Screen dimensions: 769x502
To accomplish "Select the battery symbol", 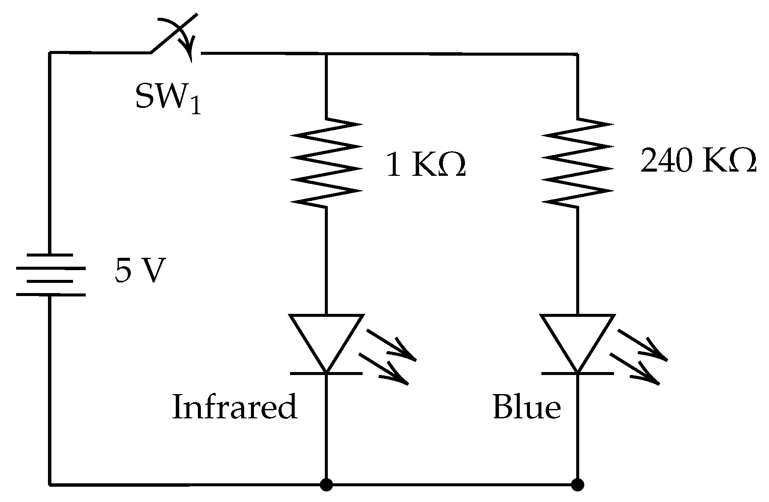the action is [51, 274].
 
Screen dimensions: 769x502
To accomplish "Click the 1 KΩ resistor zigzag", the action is [326, 163].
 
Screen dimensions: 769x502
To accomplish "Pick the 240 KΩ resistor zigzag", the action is [578, 163].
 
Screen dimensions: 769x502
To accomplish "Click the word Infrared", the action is [234, 406].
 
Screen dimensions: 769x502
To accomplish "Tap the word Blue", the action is [527, 406].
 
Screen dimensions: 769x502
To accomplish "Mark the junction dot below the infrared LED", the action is [326, 484].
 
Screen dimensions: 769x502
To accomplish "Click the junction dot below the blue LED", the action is [577, 484].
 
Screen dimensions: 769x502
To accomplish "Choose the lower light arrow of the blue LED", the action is [636, 369].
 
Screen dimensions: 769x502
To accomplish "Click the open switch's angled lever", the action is [174, 34].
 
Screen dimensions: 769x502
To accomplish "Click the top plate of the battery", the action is [51, 254].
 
